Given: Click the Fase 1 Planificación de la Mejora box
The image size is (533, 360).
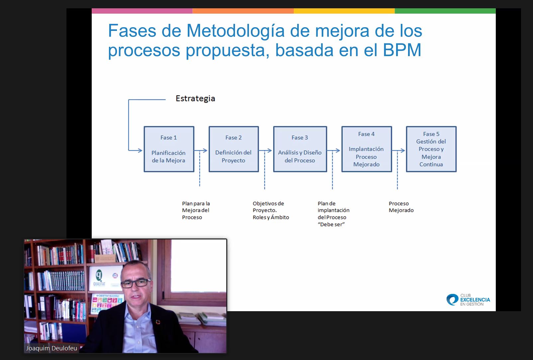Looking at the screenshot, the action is click(169, 149).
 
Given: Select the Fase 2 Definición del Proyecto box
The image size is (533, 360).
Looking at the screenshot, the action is click(234, 149).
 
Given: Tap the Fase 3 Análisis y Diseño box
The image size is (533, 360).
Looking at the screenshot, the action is click(300, 149).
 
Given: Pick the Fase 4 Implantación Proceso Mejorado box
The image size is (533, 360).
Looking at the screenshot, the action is click(367, 149).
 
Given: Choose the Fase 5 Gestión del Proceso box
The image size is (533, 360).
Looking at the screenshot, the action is click(431, 149).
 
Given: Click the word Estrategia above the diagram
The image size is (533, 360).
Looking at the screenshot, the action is click(195, 98).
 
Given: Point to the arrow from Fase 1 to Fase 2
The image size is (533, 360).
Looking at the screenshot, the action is click(201, 150).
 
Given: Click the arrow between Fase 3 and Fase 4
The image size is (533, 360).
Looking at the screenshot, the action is click(334, 150).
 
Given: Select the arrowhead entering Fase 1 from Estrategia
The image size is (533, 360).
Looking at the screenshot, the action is click(140, 150).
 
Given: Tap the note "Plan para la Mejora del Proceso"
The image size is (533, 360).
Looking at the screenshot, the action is click(196, 211).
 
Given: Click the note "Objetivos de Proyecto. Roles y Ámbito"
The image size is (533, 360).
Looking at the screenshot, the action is click(271, 211).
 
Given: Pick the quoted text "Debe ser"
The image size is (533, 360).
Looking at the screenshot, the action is click(331, 224).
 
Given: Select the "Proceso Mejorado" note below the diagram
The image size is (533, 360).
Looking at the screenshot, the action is click(401, 207).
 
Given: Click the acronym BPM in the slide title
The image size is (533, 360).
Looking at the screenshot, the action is click(402, 50).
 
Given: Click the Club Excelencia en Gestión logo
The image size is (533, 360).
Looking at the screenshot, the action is click(468, 300).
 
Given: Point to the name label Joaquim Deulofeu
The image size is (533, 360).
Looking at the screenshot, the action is click(52, 348).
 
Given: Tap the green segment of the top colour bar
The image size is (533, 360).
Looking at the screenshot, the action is click(445, 11).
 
